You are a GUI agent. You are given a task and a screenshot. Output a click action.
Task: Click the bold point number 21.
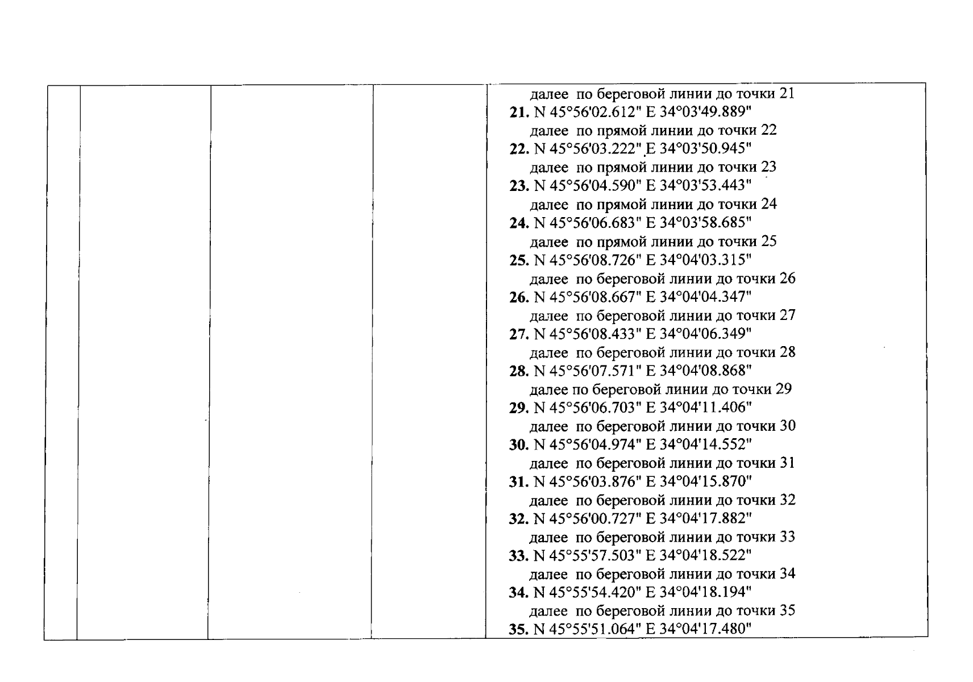(519, 112)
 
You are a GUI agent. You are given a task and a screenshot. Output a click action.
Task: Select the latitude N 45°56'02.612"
(587, 112)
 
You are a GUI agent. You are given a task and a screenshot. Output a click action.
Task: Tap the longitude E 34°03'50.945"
(698, 148)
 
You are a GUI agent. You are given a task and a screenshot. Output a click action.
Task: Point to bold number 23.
(519, 186)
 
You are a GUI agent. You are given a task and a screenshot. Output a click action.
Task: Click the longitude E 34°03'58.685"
(698, 223)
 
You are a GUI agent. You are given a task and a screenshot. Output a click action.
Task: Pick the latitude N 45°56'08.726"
(587, 260)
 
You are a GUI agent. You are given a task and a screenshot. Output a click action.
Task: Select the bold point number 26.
(519, 297)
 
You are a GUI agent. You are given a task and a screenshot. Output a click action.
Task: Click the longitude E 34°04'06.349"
(698, 334)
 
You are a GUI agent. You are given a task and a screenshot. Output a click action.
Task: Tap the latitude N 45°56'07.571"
(587, 371)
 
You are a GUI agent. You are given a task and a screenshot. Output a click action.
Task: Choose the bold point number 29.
(519, 408)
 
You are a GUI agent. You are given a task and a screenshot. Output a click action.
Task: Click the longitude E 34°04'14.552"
(698, 444)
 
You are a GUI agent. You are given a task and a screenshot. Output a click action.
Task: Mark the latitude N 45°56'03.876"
(587, 482)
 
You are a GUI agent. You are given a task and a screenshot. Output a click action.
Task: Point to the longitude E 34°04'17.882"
(698, 518)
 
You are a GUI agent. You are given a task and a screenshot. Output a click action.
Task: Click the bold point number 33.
(519, 556)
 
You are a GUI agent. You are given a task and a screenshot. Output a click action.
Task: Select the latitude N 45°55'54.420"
(587, 592)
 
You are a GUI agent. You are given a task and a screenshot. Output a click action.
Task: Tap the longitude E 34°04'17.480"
(698, 629)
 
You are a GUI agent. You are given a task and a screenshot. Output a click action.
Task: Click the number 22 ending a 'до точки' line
(768, 130)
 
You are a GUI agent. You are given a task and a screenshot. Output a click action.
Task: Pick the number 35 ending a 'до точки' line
(787, 610)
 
